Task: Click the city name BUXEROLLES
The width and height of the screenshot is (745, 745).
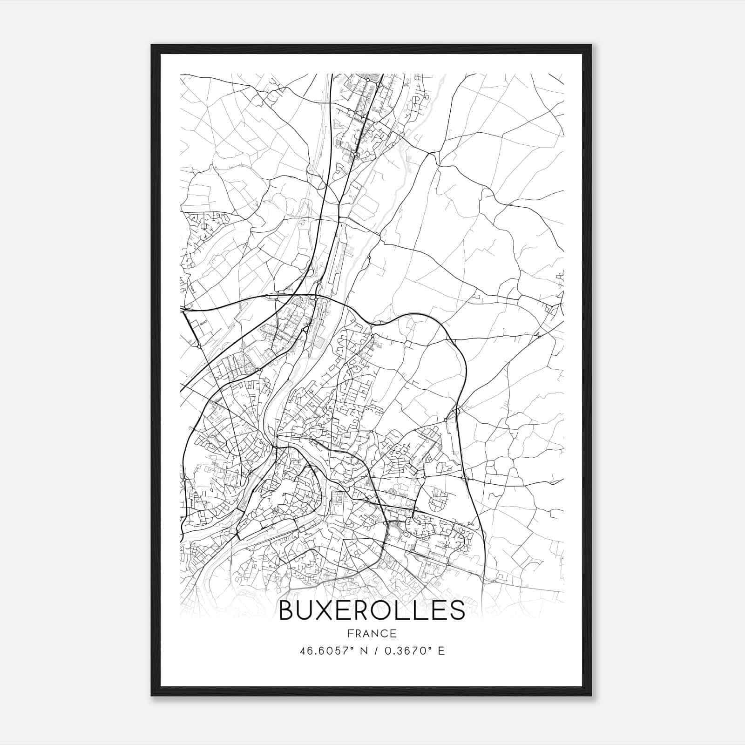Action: tap(372, 610)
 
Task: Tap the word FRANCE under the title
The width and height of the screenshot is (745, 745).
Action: tap(372, 634)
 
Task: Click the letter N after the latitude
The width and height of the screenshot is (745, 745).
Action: tap(364, 650)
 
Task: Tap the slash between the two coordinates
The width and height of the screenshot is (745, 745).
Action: tap(375, 650)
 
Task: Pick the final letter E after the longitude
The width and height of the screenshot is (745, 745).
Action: tap(441, 650)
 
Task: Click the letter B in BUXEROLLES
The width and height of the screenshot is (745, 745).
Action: tap(287, 610)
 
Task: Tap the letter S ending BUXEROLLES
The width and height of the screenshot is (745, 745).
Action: tap(457, 610)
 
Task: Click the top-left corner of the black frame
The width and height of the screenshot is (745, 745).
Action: tap(152, 45)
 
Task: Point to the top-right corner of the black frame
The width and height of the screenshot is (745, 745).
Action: tap(591, 45)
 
